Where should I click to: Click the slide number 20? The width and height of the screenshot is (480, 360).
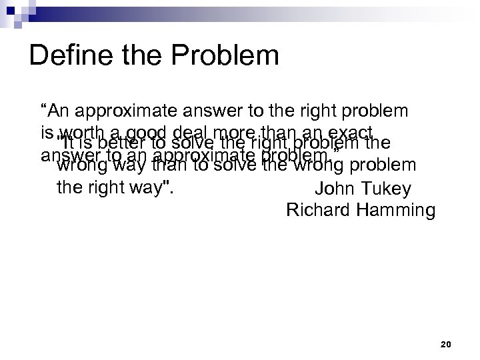tap(446, 345)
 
